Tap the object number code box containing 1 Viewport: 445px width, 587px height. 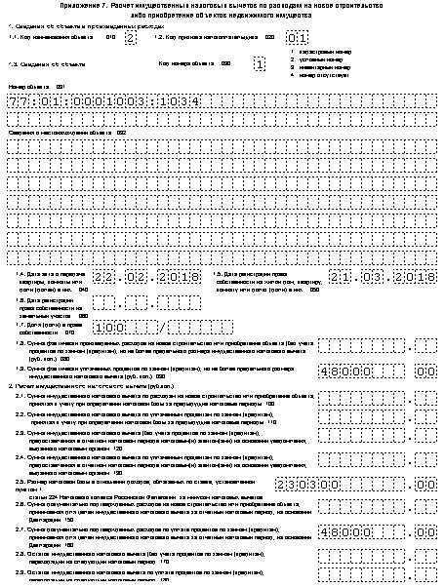click(259, 64)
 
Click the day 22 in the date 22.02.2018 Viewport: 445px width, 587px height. click(117, 278)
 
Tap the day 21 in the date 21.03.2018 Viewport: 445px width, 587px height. click(342, 278)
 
